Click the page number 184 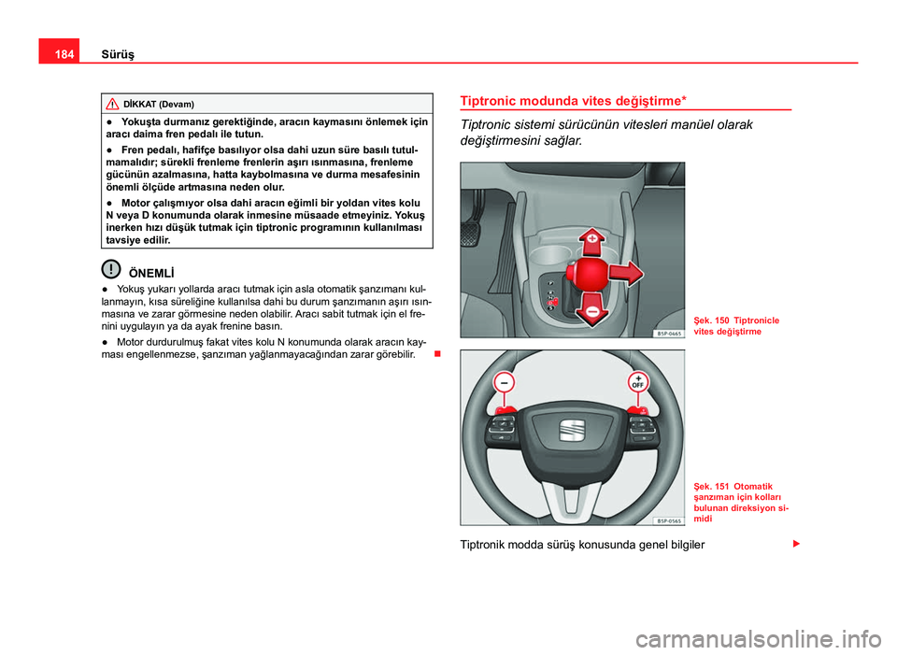pos(59,54)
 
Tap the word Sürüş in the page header pos(118,54)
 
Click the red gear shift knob pos(591,275)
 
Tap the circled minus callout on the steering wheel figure pos(505,383)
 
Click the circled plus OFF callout pos(639,382)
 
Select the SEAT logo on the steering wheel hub pos(572,430)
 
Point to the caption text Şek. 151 pos(710,485)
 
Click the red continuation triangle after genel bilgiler pos(796,543)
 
